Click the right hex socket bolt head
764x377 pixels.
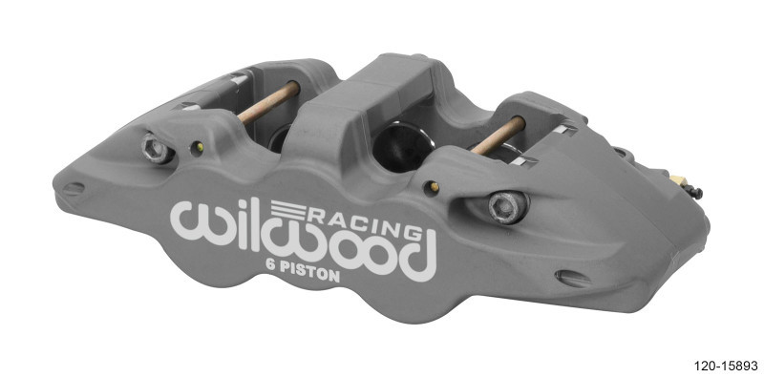pos(506,206)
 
